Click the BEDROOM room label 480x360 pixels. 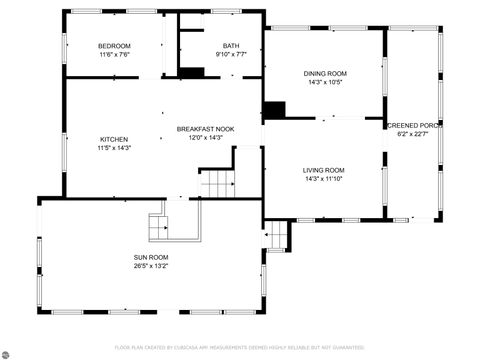(x=114, y=46)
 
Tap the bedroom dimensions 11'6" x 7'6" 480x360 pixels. (x=114, y=55)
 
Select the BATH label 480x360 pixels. (x=231, y=46)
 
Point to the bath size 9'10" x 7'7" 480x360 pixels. (x=231, y=55)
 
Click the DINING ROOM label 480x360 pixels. (x=325, y=73)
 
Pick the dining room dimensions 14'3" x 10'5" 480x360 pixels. (x=325, y=82)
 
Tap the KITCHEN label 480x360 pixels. (x=114, y=139)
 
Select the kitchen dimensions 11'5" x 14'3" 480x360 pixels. (x=114, y=148)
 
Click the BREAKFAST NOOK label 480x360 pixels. (x=205, y=129)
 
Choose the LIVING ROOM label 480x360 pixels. (x=324, y=170)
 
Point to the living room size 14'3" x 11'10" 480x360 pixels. (x=324, y=179)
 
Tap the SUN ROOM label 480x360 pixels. (x=151, y=257)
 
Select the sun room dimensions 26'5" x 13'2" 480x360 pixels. (x=151, y=266)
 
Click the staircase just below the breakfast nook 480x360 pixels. (x=217, y=184)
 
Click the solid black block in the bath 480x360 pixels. (x=192, y=72)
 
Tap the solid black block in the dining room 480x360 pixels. (x=273, y=109)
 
